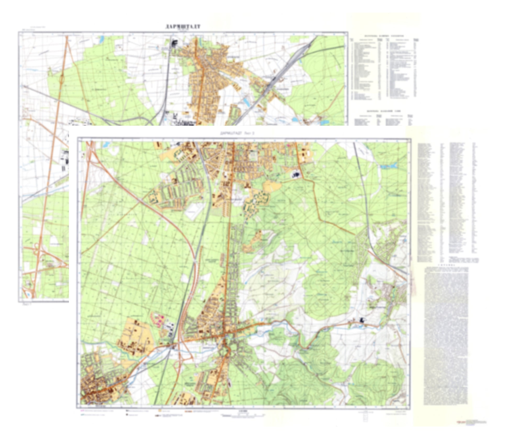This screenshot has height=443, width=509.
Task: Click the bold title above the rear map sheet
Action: click(183, 27)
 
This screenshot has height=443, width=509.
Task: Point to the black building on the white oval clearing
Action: click(296, 174)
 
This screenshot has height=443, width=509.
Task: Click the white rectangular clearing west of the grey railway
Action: click(193, 210)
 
